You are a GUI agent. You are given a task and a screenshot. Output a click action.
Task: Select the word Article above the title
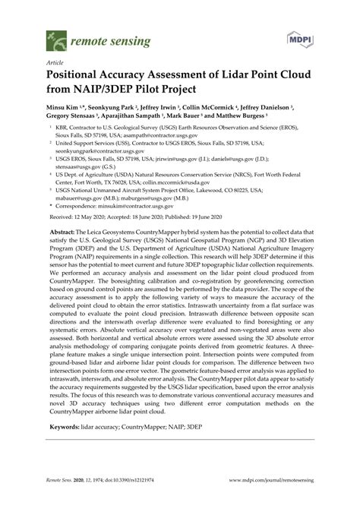point(55,62)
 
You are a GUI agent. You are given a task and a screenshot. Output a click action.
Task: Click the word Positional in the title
point(81,77)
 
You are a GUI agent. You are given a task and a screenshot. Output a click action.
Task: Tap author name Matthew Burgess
point(257,119)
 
